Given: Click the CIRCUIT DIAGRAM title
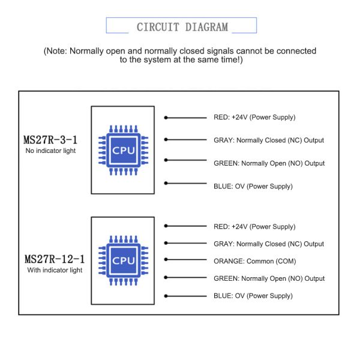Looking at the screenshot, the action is [x=182, y=27].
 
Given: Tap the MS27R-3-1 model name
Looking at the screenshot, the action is [x=50, y=140].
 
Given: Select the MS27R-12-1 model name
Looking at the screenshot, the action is [x=55, y=259].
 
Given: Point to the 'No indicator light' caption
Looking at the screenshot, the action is [x=50, y=151].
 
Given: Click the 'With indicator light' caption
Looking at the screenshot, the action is [x=55, y=270].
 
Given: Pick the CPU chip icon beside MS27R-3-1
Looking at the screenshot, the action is [x=123, y=151].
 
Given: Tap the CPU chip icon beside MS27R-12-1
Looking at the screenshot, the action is [x=123, y=260].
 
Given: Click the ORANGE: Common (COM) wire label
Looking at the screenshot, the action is [x=254, y=261].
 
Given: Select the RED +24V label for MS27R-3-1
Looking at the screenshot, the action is [x=254, y=118].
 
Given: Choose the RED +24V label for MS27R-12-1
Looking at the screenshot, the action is [x=254, y=227].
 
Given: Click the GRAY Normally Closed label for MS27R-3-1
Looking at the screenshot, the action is [x=269, y=140].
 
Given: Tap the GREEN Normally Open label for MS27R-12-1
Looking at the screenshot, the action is [x=269, y=278].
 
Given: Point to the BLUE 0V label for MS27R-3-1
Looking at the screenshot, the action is [x=253, y=187].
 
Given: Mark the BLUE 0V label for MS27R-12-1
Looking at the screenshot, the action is [x=253, y=296].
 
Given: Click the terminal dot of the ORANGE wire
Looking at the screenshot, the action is [x=166, y=260].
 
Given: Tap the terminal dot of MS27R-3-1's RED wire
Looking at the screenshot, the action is [x=166, y=118].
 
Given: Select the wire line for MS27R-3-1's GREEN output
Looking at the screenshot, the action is [x=185, y=160].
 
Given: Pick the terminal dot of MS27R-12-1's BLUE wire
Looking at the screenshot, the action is [x=166, y=296].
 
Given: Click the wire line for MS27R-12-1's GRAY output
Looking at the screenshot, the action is [x=185, y=243].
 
